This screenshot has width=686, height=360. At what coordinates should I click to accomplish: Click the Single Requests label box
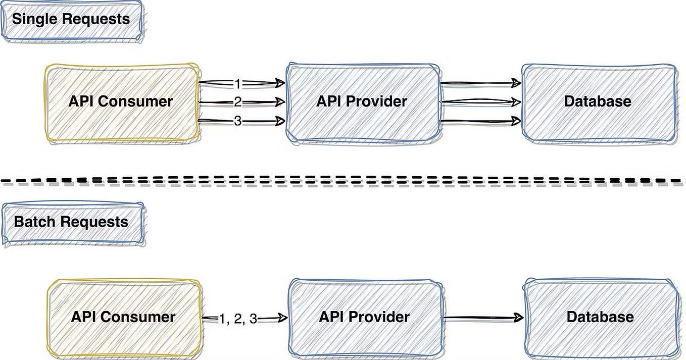[71, 20]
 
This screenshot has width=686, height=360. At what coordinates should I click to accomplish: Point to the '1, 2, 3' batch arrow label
[238, 319]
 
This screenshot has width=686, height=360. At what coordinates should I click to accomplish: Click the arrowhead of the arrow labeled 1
[279, 83]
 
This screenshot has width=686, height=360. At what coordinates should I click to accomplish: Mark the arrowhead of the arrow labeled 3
[279, 121]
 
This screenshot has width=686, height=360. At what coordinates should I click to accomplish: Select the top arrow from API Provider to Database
[480, 82]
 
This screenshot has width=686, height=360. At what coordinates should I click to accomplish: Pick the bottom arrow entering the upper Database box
[480, 121]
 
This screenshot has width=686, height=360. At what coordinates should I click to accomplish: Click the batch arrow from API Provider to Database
[482, 318]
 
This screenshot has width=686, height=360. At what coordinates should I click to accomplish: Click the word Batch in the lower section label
[34, 223]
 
